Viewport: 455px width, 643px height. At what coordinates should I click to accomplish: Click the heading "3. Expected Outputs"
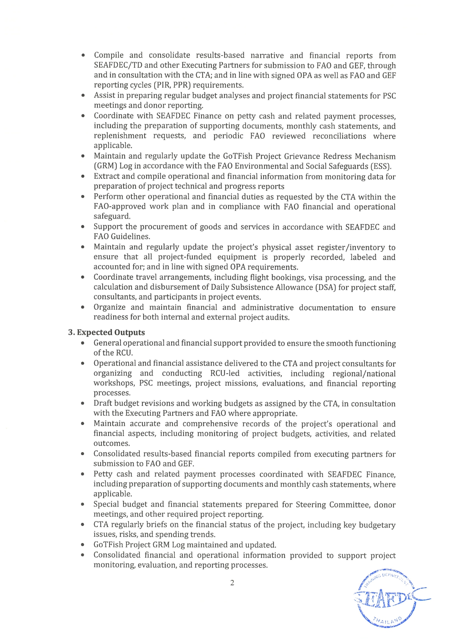pyautogui.click(x=106, y=332)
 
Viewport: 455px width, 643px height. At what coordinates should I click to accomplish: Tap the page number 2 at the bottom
pyautogui.click(x=232, y=583)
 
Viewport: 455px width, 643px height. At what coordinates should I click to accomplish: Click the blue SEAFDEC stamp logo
pyautogui.click(x=390, y=598)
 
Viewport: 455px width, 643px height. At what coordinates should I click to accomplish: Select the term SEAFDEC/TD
pyautogui.click(x=118, y=66)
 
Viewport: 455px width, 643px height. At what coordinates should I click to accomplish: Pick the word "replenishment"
pyautogui.click(x=120, y=136)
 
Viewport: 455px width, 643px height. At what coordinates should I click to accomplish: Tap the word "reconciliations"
pyautogui.click(x=339, y=136)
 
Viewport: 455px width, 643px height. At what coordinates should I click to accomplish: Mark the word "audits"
pyautogui.click(x=278, y=317)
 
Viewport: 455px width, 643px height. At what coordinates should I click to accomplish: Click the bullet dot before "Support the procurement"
pyautogui.click(x=84, y=227)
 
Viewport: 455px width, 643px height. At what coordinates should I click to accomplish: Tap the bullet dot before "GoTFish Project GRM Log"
pyautogui.click(x=84, y=545)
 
